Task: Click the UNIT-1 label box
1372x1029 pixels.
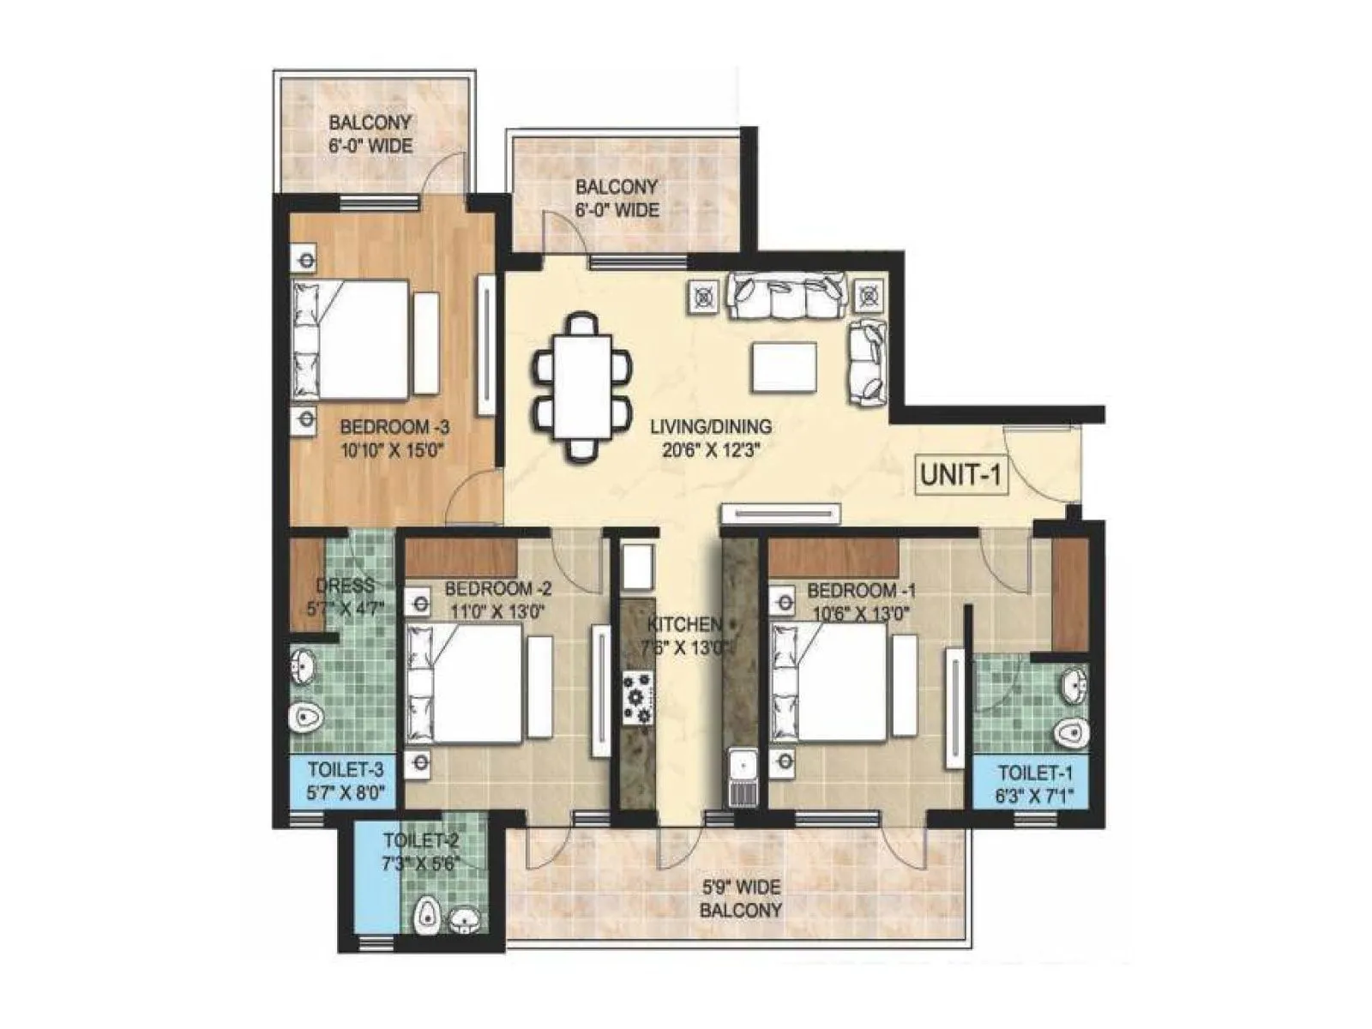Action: [960, 473]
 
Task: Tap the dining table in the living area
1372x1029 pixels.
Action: [582, 388]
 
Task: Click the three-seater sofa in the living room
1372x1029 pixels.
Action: [787, 296]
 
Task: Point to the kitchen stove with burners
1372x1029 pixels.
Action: [637, 699]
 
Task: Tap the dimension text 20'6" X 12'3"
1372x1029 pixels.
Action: [711, 449]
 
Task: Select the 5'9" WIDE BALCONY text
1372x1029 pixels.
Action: [740, 899]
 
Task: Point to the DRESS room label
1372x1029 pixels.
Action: [345, 587]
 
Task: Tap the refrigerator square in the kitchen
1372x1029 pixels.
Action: [637, 566]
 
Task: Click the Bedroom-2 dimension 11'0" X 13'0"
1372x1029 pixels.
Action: [498, 612]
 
